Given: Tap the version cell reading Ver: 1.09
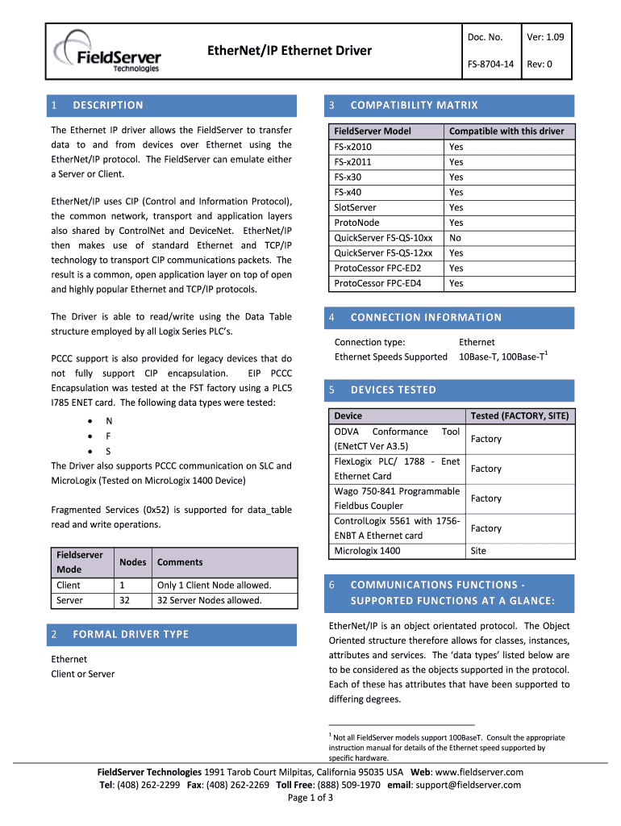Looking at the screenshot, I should [545, 37].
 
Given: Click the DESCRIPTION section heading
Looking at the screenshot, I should [107, 105].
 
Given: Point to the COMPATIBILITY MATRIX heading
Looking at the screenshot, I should [414, 105].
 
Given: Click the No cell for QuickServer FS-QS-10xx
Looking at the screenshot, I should [456, 238].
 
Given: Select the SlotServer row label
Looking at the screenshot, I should [355, 207].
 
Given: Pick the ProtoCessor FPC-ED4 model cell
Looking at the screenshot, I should [377, 283].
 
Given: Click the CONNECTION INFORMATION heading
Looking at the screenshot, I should [426, 317].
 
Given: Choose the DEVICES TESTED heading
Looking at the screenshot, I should [393, 390].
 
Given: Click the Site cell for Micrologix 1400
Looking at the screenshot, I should [478, 551].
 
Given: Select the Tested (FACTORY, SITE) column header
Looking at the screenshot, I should [519, 415].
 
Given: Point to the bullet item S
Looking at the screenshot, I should [109, 451].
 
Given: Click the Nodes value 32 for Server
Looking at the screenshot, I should [126, 600].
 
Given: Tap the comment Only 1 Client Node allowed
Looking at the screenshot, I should [214, 585].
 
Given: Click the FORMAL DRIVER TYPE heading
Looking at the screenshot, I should [131, 634].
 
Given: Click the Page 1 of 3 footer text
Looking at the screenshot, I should [310, 798].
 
